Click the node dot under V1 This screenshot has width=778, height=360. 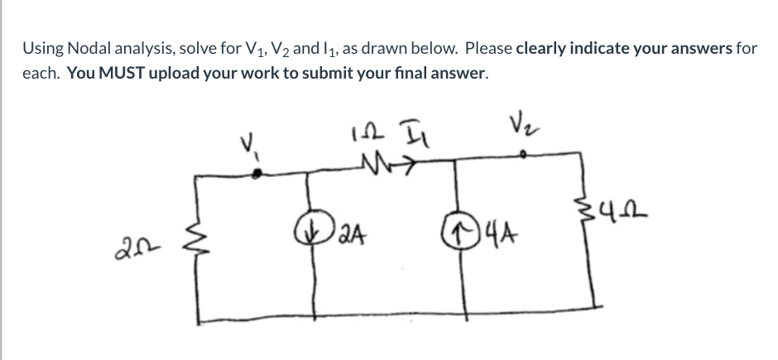259,172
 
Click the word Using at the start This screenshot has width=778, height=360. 41,48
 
